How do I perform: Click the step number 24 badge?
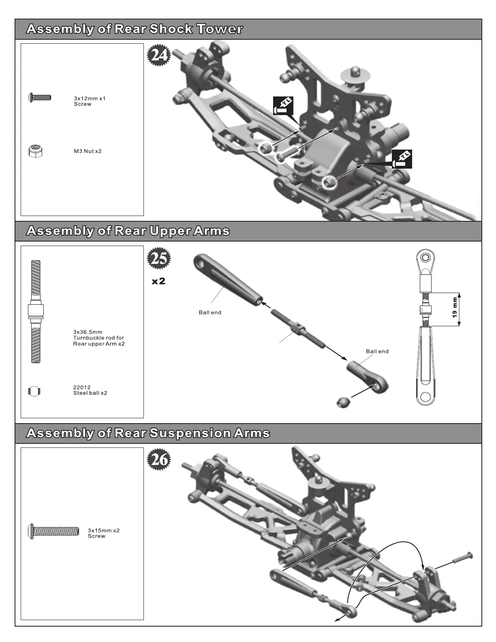(x=159, y=55)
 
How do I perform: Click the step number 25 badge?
(x=159, y=258)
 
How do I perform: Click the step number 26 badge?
(x=159, y=460)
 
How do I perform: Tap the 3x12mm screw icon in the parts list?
(x=40, y=97)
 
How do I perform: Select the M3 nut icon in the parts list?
(x=36, y=151)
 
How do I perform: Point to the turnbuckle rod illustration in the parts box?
(x=36, y=311)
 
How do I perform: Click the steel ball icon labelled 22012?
(x=35, y=391)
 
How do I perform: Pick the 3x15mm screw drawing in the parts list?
(x=54, y=531)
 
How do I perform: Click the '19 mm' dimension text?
(x=455, y=308)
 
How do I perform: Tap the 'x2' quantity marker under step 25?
(x=158, y=281)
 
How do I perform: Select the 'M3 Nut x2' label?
(x=88, y=151)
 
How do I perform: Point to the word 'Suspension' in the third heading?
(x=190, y=433)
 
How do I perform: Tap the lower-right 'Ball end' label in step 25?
(x=377, y=351)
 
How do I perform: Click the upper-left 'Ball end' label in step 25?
(x=210, y=312)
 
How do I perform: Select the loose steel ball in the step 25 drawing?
(x=343, y=402)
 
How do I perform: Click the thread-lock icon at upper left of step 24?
(x=283, y=106)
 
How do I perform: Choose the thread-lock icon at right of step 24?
(x=402, y=159)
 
